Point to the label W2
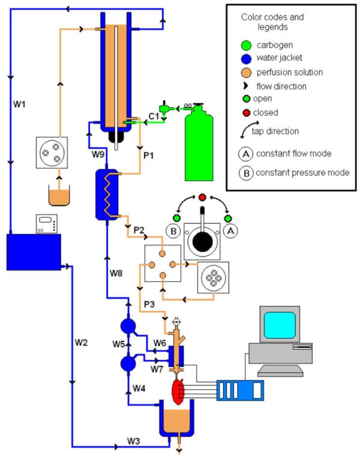pos(82,342)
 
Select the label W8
pos(116,273)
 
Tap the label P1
pos(150,155)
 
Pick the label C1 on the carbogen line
pos(154,115)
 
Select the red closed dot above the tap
pos(202,197)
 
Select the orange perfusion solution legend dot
pos(245,72)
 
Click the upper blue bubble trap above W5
pos(128,326)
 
